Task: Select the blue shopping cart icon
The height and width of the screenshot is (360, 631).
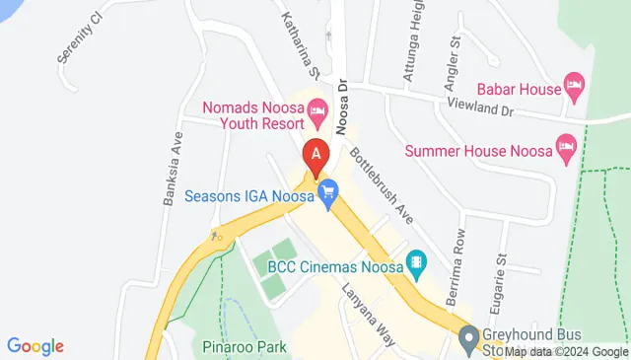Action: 326,194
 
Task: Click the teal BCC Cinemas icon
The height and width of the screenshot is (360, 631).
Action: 419,262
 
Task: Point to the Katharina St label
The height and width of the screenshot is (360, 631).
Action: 302,45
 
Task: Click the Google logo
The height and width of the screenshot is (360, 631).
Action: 35,346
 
